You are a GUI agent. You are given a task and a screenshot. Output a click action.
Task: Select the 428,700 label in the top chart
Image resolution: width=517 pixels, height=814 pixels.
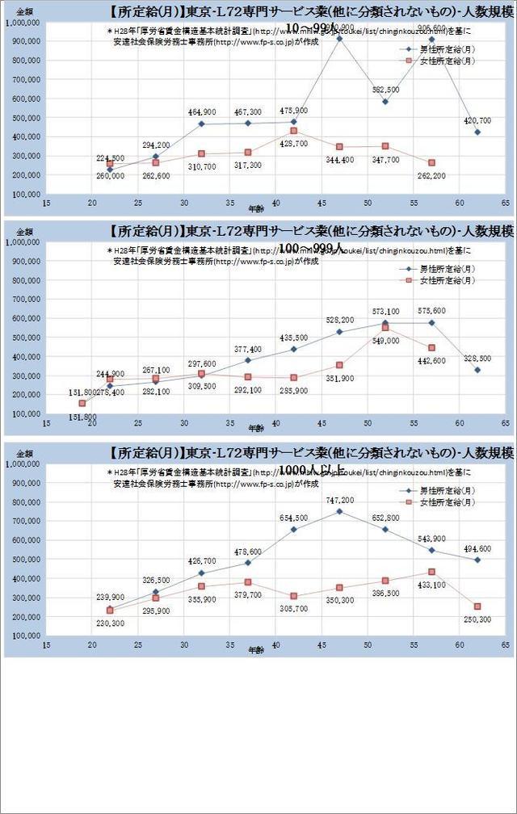coord(294,142)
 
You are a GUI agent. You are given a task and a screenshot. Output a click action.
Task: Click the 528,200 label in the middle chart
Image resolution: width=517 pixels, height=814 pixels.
coord(339,320)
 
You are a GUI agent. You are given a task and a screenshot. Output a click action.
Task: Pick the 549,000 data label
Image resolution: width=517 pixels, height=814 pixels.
coord(385,341)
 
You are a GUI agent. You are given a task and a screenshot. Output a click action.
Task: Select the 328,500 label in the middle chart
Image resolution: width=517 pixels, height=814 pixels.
coord(476,357)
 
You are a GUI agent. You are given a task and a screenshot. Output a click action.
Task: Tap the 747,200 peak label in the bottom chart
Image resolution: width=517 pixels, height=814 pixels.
coord(339,501)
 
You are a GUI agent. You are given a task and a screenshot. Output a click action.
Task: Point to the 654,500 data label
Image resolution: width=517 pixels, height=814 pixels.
coord(294,518)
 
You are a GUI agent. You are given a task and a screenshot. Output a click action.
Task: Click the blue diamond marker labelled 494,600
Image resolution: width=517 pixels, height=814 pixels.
coord(477,560)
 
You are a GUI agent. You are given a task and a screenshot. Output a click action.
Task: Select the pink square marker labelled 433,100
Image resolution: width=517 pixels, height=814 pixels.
coord(431,572)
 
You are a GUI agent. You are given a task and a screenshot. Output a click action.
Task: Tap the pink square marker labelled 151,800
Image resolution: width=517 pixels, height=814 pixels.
coord(82,403)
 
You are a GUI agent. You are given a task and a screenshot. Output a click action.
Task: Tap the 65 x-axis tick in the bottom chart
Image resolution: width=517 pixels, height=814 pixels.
coord(505,645)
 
